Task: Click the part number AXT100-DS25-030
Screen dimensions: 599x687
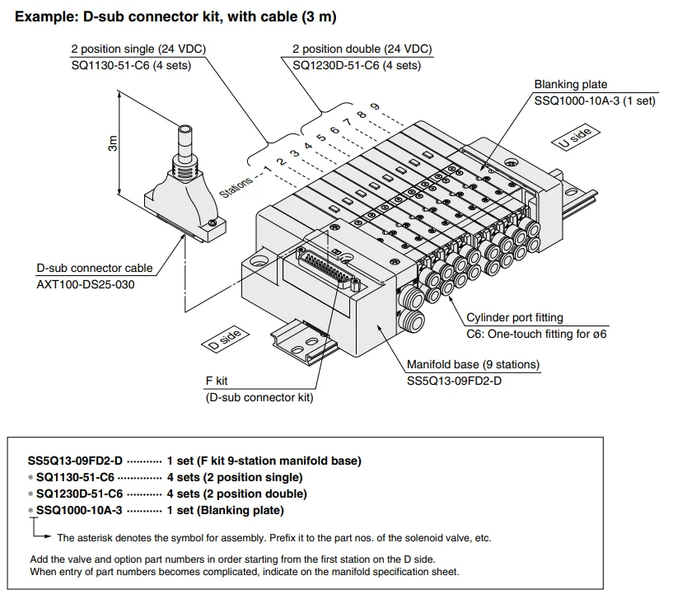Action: [85, 284]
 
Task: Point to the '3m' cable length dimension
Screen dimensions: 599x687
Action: [113, 144]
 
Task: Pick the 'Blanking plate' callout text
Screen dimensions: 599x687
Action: [570, 85]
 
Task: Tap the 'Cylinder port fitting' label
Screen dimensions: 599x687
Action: [515, 317]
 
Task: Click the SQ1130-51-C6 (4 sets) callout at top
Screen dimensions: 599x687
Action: [131, 65]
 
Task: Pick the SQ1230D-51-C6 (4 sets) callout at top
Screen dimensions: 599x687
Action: [356, 65]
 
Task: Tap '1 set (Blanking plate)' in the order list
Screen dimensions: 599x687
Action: [225, 510]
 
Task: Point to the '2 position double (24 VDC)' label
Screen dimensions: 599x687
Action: [362, 49]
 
